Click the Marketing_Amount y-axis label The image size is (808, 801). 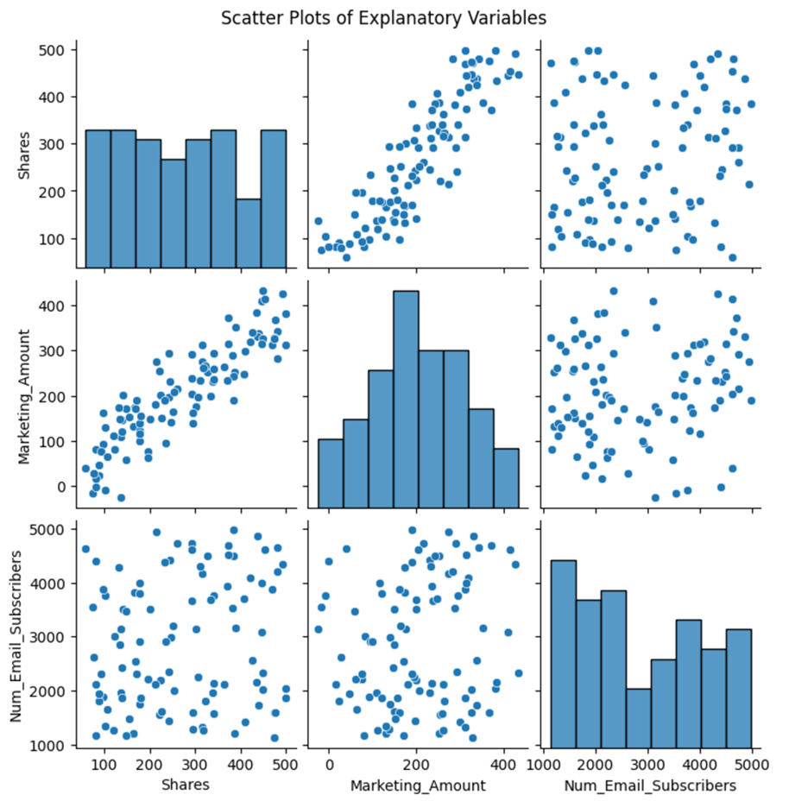[27, 393]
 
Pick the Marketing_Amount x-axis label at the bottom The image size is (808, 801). [416, 785]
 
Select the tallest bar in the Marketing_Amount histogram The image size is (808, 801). [394, 397]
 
